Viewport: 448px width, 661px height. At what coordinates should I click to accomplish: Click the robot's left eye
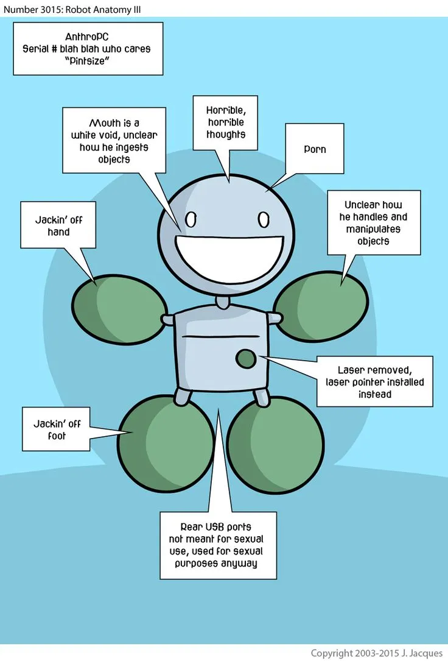pos(191,219)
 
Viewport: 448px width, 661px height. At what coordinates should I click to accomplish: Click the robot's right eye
pos(264,219)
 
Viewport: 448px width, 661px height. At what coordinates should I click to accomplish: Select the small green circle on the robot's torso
pos(245,359)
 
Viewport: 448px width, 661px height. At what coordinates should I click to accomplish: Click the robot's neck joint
pos(223,302)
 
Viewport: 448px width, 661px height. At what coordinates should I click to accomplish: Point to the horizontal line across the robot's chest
pos(220,336)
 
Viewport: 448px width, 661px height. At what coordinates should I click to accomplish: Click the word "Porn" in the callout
pos(315,149)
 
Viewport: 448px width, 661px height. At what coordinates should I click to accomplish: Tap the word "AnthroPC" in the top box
pos(86,37)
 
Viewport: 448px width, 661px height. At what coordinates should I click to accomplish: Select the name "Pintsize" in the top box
pos(87,61)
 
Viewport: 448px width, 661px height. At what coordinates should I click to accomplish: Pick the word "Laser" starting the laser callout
pos(351,370)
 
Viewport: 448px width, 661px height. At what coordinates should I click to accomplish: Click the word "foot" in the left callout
pos(57,436)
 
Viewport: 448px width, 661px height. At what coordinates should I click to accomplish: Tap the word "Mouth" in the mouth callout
pos(105,123)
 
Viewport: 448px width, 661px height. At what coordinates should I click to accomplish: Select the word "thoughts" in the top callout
pos(226,135)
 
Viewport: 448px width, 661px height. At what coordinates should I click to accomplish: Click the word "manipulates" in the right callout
pos(373,229)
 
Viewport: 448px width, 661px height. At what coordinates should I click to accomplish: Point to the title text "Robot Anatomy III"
pos(103,9)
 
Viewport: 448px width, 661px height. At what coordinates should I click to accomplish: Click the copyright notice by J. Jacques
pos(376,653)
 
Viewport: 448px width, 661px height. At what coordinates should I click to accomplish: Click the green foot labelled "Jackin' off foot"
pos(166,444)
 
